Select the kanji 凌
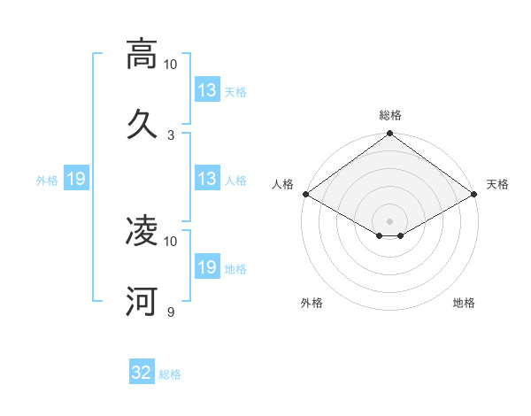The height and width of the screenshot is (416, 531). (142, 231)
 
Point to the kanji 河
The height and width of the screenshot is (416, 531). (142, 301)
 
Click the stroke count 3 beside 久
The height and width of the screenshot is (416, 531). (171, 135)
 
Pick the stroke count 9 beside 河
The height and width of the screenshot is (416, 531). (171, 312)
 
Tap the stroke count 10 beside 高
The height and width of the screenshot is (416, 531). (171, 65)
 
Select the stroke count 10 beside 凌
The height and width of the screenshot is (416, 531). (171, 241)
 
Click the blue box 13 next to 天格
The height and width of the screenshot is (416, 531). (207, 90)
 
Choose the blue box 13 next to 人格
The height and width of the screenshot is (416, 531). (207, 179)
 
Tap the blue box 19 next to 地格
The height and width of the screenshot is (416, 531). (207, 267)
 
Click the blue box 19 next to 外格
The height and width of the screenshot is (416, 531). (75, 179)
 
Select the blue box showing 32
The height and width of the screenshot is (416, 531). (142, 373)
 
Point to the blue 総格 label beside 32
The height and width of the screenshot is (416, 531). (171, 374)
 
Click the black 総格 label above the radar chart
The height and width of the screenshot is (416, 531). (389, 115)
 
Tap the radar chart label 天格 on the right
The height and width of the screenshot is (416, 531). (497, 184)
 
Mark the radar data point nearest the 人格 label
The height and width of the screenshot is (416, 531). (305, 194)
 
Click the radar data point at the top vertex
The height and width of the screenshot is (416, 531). (389, 135)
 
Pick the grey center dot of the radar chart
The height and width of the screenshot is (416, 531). (389, 220)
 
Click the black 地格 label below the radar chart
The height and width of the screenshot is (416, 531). (464, 303)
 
